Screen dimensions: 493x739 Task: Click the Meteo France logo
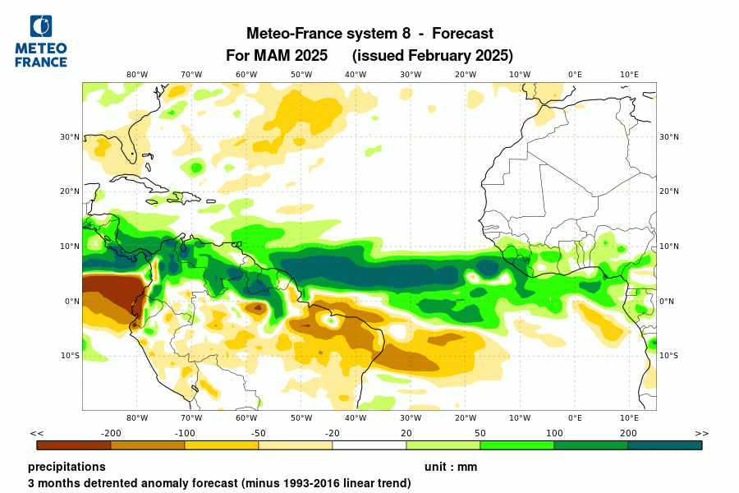(x=41, y=41)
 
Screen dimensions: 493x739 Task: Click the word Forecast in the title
(x=462, y=34)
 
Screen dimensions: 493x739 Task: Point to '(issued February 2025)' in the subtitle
(x=432, y=56)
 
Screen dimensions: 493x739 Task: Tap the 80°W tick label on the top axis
(x=137, y=74)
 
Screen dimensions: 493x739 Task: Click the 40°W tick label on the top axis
(x=356, y=74)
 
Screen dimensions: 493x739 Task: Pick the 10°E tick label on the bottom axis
(x=629, y=417)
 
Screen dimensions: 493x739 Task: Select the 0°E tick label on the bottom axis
(x=575, y=417)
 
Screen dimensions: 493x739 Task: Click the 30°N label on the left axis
(x=70, y=137)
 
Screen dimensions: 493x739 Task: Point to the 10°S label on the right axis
(x=669, y=356)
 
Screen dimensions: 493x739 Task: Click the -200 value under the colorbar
(x=111, y=433)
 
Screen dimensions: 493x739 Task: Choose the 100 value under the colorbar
(x=554, y=433)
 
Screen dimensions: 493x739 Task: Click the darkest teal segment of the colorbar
(x=665, y=445)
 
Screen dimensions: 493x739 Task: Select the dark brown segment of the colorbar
(x=74, y=445)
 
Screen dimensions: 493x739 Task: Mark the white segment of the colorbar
(x=369, y=445)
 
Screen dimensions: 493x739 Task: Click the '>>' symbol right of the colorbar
(x=701, y=433)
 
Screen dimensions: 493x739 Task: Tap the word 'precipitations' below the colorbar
(x=67, y=467)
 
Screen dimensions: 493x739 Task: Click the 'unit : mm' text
(x=451, y=467)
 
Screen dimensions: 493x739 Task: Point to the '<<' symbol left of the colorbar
(x=37, y=433)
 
